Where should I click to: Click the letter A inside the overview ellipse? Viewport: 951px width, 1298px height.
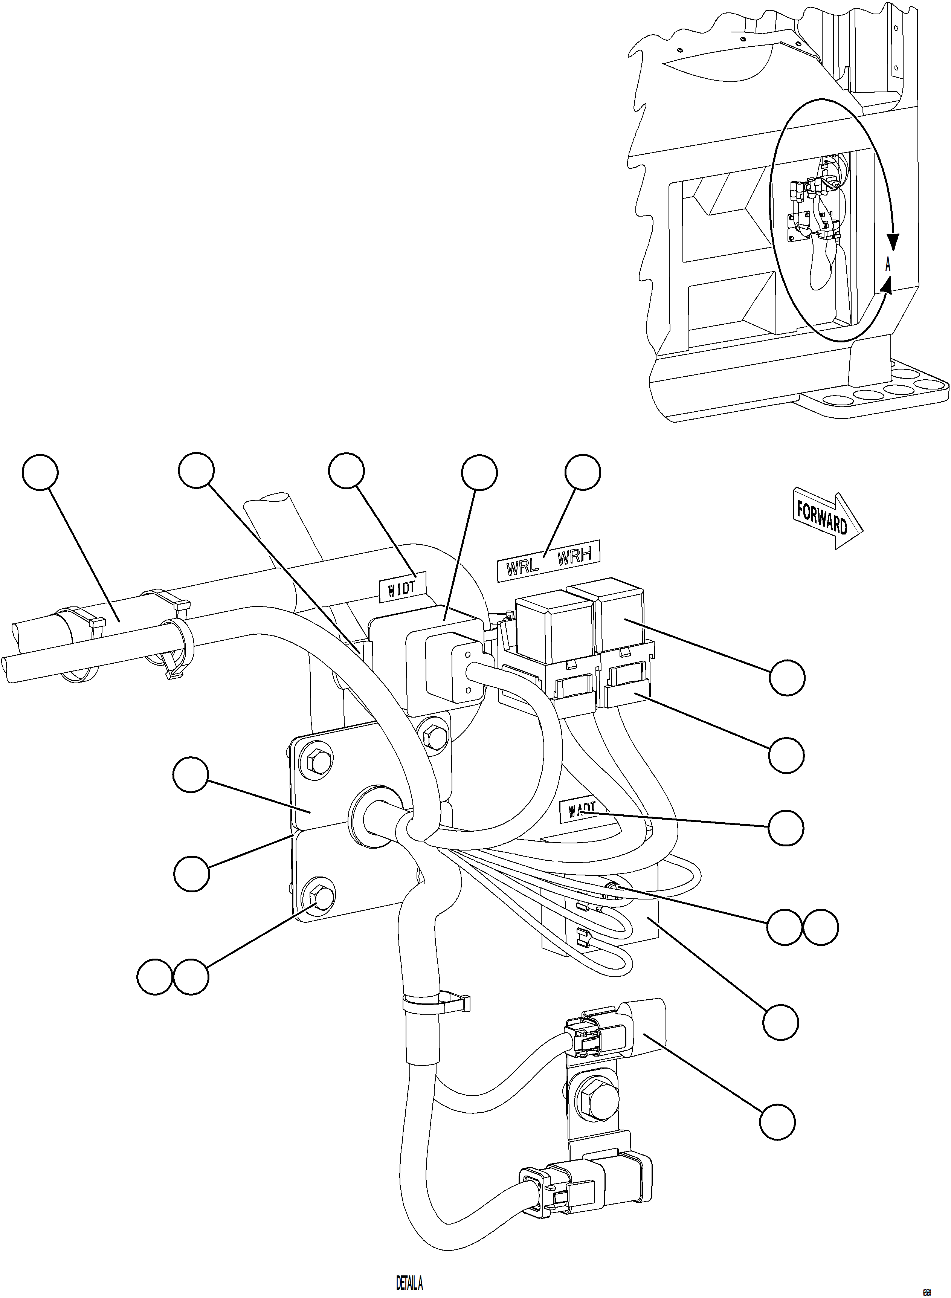coord(888,266)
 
